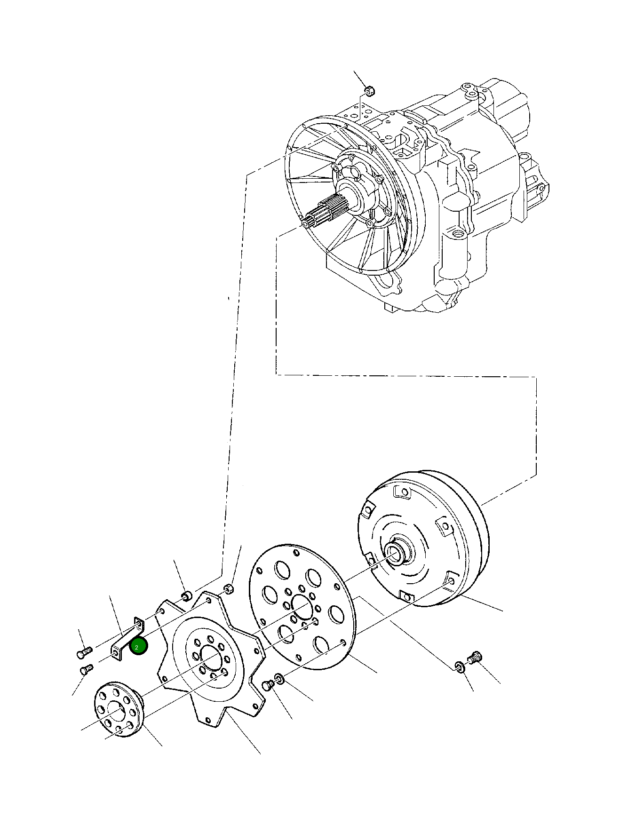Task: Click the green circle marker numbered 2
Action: tap(138, 647)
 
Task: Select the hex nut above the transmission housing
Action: tap(370, 90)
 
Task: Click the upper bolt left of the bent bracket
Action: tap(83, 652)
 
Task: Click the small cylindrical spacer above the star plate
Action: tap(187, 596)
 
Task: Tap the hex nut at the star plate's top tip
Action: tap(229, 589)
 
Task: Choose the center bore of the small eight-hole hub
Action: tap(115, 710)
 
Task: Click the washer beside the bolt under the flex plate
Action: tap(279, 679)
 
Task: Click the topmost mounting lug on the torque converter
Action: tap(401, 492)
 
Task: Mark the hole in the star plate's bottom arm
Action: tap(207, 720)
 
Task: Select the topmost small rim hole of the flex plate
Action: tap(295, 552)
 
